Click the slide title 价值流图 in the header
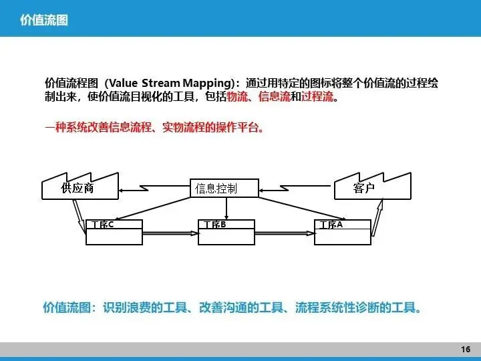44,21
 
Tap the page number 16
466,350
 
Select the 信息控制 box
215,189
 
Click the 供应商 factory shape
77,188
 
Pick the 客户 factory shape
365,188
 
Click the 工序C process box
114,231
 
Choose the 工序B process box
228,231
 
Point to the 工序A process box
343,231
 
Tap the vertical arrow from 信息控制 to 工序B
228,208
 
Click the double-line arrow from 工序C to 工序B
170,233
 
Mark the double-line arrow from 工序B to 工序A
285,233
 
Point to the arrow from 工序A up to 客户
377,218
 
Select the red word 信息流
275,98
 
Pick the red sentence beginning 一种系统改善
154,127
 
